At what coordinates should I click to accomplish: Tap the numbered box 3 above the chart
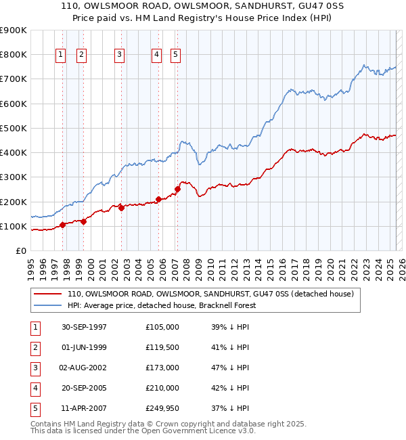pyautogui.click(x=119, y=56)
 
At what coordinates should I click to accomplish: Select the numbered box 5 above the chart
pyautogui.click(x=175, y=56)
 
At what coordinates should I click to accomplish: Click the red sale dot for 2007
pyautogui.click(x=177, y=189)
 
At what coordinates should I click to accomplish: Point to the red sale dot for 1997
pyautogui.click(x=62, y=225)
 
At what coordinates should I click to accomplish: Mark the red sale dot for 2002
pyautogui.click(x=122, y=208)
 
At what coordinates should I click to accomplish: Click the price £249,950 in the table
pyautogui.click(x=162, y=408)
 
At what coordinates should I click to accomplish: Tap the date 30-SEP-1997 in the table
pyautogui.click(x=84, y=327)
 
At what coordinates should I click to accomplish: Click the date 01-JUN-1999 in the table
pyautogui.click(x=84, y=347)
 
